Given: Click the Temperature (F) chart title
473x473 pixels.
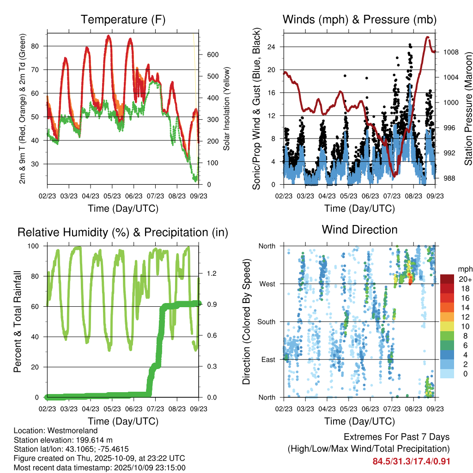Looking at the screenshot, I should pyautogui.click(x=123, y=19).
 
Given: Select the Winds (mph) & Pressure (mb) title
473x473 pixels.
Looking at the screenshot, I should pyautogui.click(x=359, y=19).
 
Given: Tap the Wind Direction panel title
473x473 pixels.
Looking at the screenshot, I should pyautogui.click(x=359, y=230).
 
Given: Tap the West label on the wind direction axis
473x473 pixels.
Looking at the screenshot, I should pyautogui.click(x=267, y=284).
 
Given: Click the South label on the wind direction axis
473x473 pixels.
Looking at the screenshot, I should pyautogui.click(x=266, y=322).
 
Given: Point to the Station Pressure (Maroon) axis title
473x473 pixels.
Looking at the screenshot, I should pyautogui.click(x=468, y=109).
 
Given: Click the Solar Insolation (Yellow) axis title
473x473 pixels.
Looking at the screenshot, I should pyautogui.click(x=227, y=109).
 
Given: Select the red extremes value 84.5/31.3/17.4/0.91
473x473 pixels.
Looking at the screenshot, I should pyautogui.click(x=411, y=461).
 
